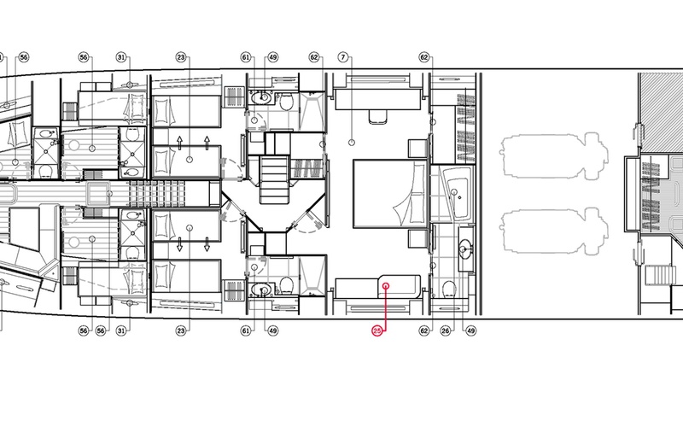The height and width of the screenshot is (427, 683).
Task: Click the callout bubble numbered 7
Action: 344,57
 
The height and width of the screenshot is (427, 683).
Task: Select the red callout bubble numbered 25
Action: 377,330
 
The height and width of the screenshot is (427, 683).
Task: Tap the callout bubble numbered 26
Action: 445,330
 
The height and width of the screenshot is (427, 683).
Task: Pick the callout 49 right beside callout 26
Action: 471,330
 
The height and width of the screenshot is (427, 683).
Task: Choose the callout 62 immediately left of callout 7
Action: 314,57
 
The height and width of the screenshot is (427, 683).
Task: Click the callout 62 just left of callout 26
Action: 424,330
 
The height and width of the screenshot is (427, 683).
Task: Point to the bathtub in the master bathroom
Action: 457,194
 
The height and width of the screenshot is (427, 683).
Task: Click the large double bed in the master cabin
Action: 390,194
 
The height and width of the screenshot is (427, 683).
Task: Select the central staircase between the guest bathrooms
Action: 274,180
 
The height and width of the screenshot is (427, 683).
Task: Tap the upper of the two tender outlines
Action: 553,157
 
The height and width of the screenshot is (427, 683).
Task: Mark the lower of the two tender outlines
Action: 553,231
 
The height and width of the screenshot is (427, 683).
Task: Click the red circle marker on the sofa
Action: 386,286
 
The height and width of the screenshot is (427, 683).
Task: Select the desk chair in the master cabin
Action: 378,116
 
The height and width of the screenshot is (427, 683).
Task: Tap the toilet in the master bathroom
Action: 449,289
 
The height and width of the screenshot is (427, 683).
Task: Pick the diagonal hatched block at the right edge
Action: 660,114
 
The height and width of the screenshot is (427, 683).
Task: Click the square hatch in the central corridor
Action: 99,194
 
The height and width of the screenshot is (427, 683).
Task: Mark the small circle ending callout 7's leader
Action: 352,143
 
